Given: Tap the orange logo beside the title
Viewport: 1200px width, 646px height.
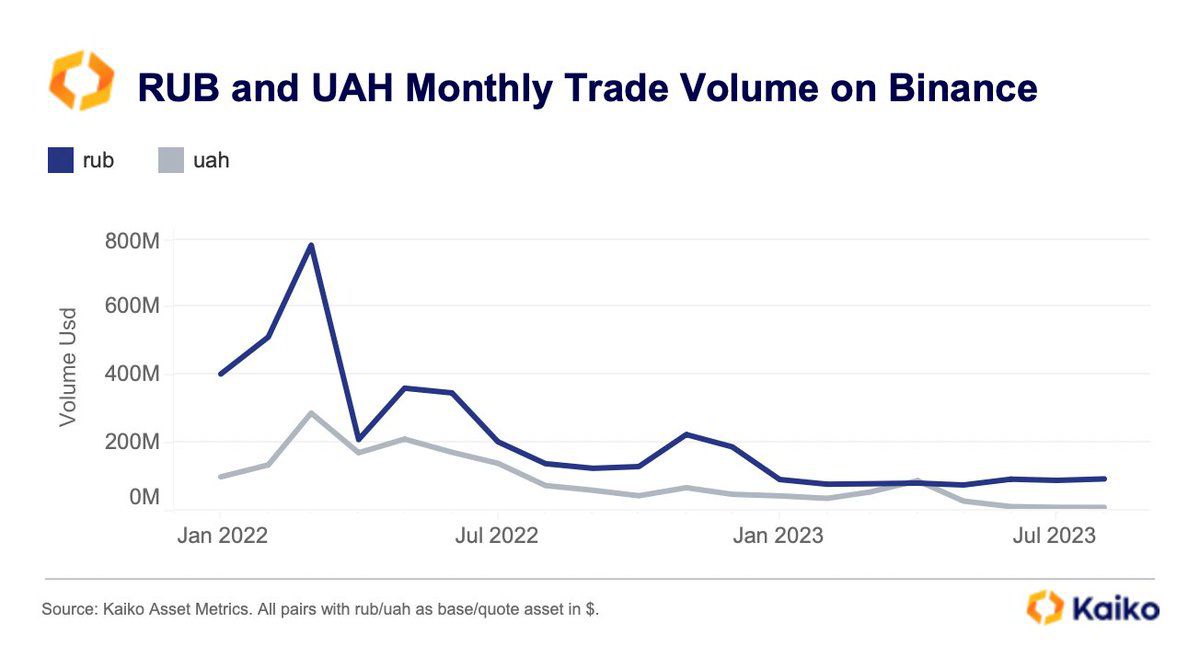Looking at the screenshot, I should [82, 81].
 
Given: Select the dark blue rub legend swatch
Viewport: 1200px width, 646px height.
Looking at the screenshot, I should [61, 160].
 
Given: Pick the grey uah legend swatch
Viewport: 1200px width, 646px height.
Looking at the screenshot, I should [171, 160].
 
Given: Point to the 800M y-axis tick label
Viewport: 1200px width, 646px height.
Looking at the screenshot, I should [132, 241].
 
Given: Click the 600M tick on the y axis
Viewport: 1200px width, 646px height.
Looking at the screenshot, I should [132, 306].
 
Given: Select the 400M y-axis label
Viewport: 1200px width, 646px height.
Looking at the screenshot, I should [132, 374].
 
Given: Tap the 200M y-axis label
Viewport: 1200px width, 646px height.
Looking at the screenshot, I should [132, 441].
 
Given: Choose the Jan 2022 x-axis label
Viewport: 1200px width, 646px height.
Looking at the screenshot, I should [222, 535].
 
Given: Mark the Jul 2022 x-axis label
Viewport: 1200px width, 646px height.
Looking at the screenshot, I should [496, 535].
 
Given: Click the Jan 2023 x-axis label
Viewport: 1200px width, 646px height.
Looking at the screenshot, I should [777, 535].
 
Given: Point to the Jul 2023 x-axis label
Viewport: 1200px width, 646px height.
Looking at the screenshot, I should [1053, 535].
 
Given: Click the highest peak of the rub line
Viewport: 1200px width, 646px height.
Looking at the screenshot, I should [311, 245].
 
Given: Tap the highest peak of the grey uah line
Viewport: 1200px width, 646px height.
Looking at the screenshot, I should [311, 413].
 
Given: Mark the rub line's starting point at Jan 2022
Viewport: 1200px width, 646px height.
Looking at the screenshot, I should [220, 374].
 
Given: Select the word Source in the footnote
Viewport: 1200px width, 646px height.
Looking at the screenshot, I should [68, 609].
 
